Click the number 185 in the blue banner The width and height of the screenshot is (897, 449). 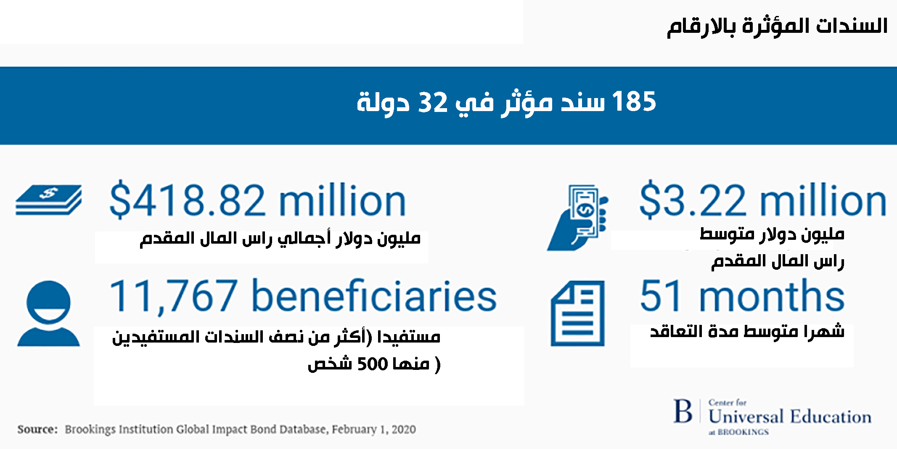click(x=634, y=101)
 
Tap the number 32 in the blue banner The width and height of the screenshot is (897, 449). click(x=433, y=102)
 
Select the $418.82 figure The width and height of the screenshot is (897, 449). click(x=188, y=200)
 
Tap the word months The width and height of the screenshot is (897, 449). click(x=772, y=295)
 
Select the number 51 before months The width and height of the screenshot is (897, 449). click(x=660, y=296)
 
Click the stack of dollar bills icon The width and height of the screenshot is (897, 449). click(x=49, y=200)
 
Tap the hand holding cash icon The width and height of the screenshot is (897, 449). click(x=578, y=218)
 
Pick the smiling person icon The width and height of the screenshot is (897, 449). click(x=48, y=314)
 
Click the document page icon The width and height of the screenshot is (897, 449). click(x=578, y=314)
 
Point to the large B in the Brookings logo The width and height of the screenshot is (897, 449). click(x=683, y=411)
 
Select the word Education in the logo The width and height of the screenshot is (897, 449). click(x=831, y=417)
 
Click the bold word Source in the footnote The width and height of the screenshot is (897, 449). click(x=37, y=429)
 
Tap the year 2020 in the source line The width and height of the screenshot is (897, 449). click(x=404, y=429)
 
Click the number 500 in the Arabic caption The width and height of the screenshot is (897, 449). click(x=372, y=364)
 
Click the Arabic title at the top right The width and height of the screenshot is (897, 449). click(x=777, y=26)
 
